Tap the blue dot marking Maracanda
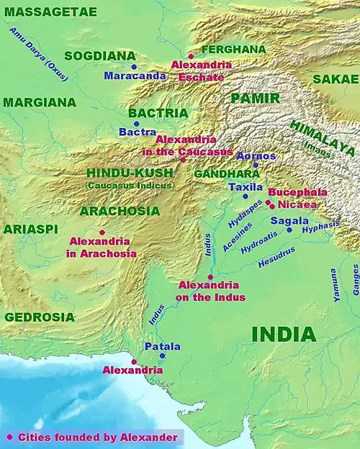(x=134, y=66)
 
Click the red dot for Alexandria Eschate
(x=191, y=55)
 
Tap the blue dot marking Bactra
(x=138, y=124)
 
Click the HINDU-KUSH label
(x=130, y=173)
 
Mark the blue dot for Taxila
(x=245, y=196)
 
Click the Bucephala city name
(x=297, y=193)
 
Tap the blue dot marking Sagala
(x=289, y=229)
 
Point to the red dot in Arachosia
(x=102, y=232)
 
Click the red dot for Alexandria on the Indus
(x=210, y=276)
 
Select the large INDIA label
(x=284, y=334)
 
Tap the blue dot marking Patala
(x=162, y=355)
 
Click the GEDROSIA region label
(x=39, y=317)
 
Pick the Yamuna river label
(x=335, y=278)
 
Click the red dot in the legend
(x=9, y=437)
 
